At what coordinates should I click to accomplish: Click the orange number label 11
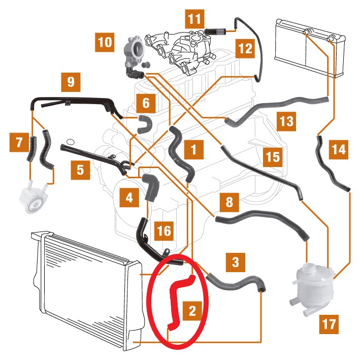tap(194, 19)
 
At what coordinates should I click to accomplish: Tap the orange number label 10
tap(105, 42)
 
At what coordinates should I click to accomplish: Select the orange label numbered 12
tap(245, 48)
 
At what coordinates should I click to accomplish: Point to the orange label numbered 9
tap(71, 82)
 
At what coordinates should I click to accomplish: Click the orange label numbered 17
tap(329, 324)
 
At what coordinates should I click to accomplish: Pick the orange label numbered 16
tap(164, 231)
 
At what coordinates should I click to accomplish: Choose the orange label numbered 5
tap(80, 170)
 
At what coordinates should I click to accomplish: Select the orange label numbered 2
tap(192, 311)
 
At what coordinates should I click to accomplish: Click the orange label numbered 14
tap(338, 150)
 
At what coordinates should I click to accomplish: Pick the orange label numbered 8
tap(229, 202)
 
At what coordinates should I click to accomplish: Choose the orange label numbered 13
tap(286, 121)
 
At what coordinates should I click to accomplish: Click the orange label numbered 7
tap(19, 142)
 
